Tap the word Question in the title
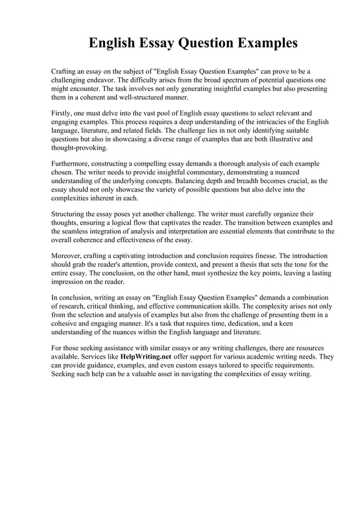click(x=207, y=43)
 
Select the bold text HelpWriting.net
click(x=146, y=358)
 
